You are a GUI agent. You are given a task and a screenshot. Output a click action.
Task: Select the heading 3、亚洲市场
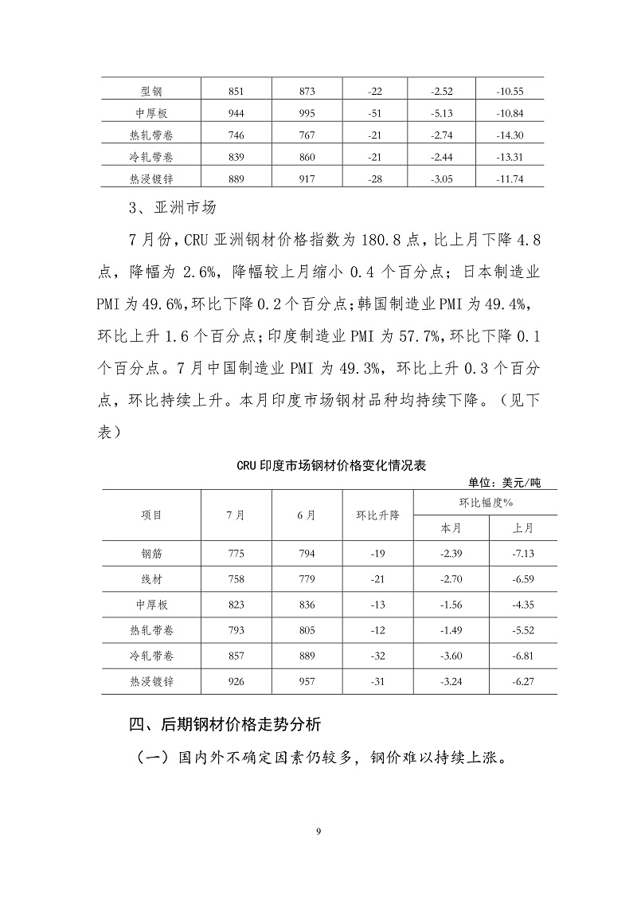[173, 210]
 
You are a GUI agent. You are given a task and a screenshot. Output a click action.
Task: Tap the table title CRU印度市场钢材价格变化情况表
[331, 466]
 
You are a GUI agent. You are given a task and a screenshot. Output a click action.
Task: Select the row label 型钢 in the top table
[151, 91]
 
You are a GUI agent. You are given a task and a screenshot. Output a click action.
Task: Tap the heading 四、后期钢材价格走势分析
[226, 726]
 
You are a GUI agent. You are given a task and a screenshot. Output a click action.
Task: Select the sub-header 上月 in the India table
[522, 527]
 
